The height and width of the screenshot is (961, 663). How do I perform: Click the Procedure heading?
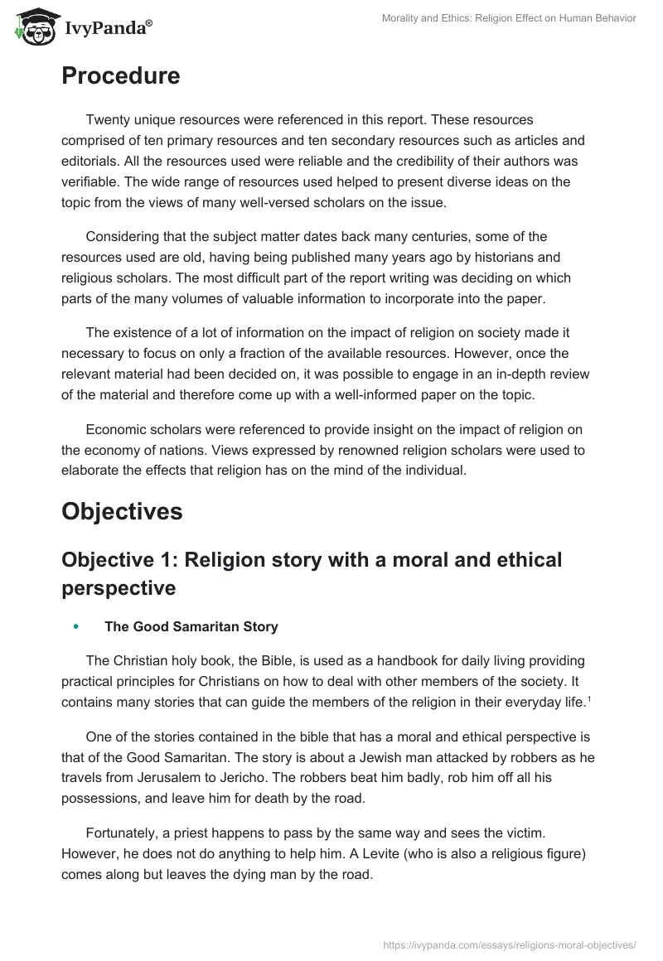click(120, 76)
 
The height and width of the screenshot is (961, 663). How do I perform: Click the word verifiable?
click(90, 180)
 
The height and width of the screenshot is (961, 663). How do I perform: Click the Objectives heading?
click(122, 512)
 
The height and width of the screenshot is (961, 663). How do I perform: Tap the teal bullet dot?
click(75, 627)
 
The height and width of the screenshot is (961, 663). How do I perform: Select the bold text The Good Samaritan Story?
click(191, 627)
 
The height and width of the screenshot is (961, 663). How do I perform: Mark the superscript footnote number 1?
click(588, 698)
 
